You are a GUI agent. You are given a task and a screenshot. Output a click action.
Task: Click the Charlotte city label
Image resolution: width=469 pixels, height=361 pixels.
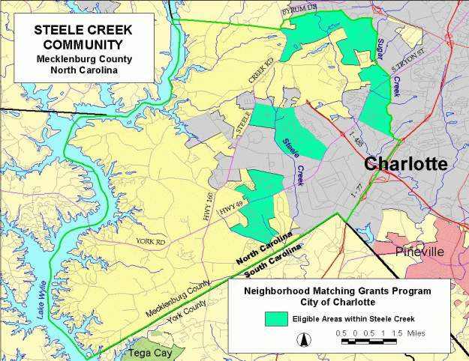(405, 164)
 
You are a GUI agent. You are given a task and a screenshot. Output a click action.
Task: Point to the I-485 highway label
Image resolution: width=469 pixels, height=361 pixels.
(358, 137)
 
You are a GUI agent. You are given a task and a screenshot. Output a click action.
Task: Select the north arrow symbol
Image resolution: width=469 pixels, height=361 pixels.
(304, 340)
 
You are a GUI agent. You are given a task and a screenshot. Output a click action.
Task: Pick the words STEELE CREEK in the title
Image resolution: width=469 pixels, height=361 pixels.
(83, 31)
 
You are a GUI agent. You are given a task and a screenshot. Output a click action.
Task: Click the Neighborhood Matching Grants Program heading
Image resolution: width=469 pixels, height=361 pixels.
(338, 291)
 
